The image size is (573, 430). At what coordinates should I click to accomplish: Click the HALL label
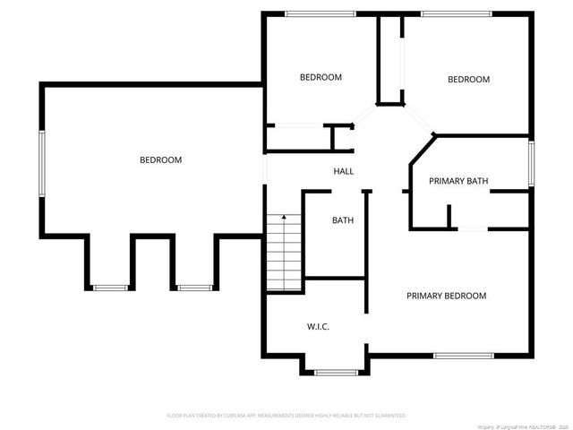click(344, 171)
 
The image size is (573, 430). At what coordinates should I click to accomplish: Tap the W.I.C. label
click(318, 327)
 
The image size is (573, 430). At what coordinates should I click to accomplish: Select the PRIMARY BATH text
click(458, 181)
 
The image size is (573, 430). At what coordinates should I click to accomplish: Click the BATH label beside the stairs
click(343, 220)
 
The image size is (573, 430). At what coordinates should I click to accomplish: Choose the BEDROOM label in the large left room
click(160, 160)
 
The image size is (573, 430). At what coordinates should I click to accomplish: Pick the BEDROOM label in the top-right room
click(468, 80)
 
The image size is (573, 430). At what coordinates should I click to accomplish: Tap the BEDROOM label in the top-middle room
click(321, 78)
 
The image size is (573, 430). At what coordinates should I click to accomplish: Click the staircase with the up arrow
click(284, 253)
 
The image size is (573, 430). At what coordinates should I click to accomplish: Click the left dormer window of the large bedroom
click(110, 288)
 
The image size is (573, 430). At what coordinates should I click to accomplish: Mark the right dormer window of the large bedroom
click(193, 288)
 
